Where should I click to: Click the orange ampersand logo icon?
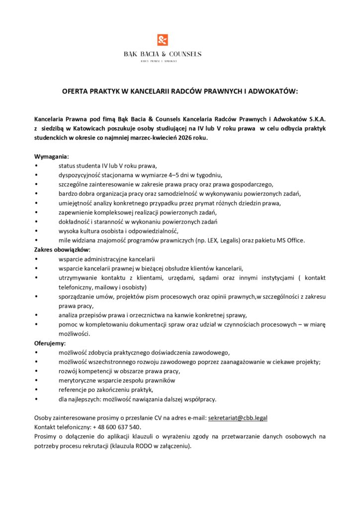point(163,40)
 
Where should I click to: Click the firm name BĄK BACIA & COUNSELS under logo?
point(163,54)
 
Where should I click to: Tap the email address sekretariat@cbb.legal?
point(238,418)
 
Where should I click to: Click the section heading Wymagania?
point(52,157)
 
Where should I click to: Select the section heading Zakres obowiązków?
point(62,250)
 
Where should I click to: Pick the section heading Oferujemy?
point(50,343)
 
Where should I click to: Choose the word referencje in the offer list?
point(73,390)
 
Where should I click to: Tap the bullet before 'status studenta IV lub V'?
point(36,166)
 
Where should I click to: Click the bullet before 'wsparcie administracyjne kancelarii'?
point(36,259)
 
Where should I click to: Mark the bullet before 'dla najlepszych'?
point(36,399)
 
